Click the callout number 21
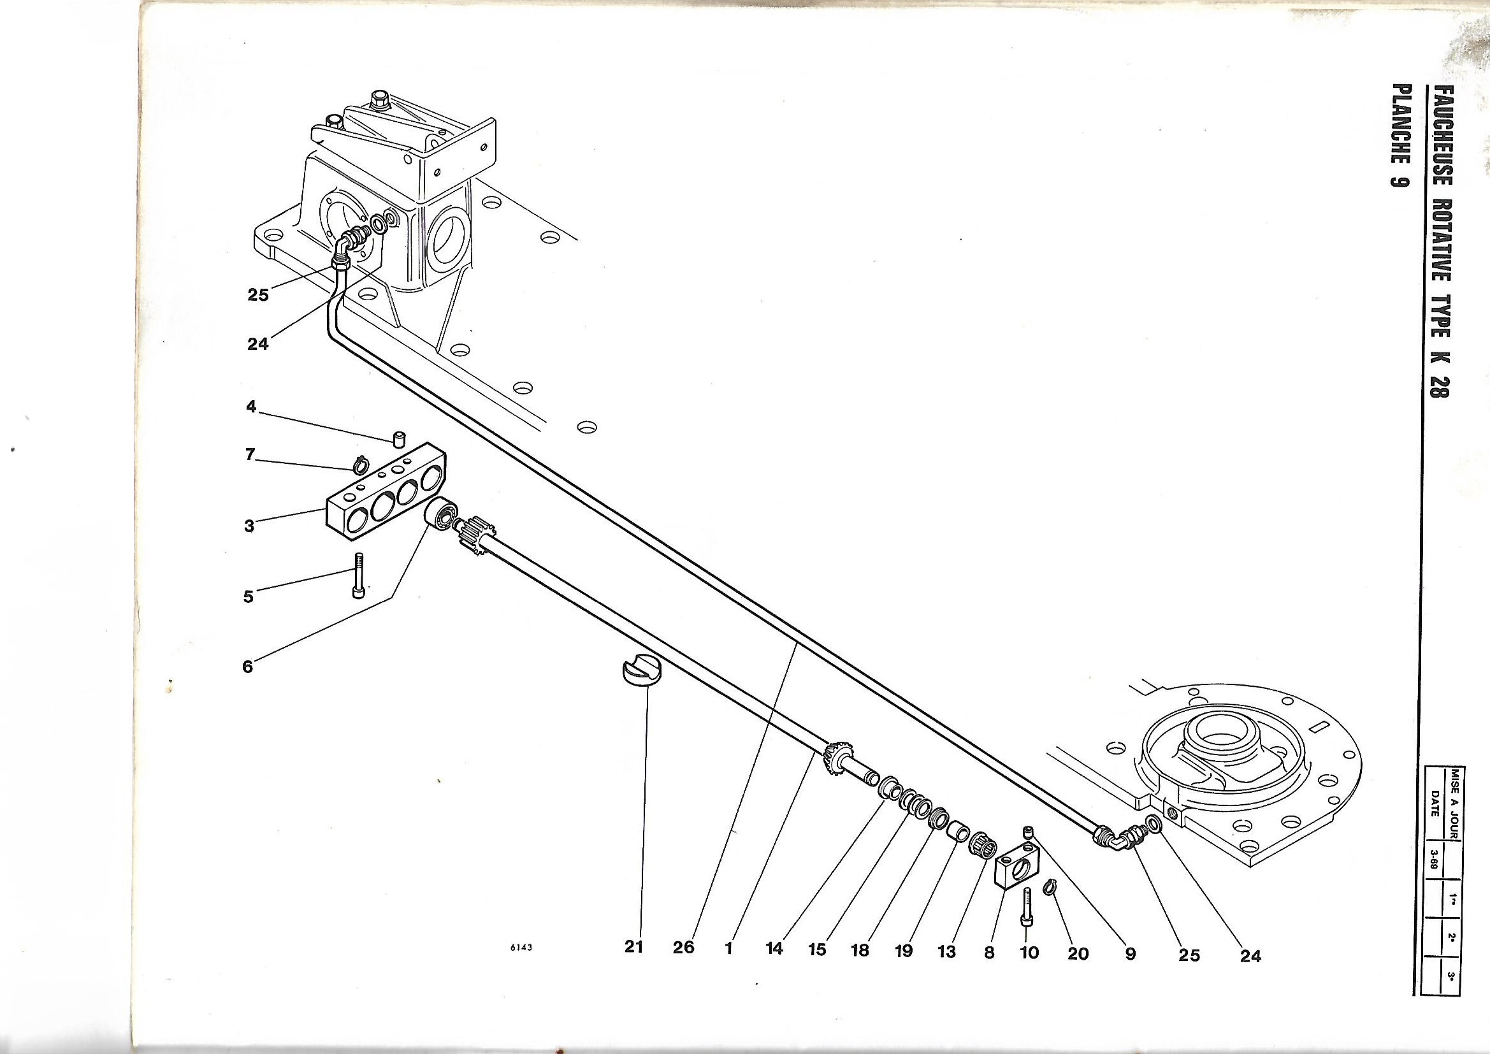click(633, 947)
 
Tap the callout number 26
click(683, 948)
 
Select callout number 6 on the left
click(247, 666)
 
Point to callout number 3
click(249, 526)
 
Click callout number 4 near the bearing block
click(252, 408)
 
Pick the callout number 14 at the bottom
click(774, 948)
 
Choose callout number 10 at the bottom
click(1029, 952)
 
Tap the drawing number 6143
click(521, 948)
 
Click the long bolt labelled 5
click(359, 575)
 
